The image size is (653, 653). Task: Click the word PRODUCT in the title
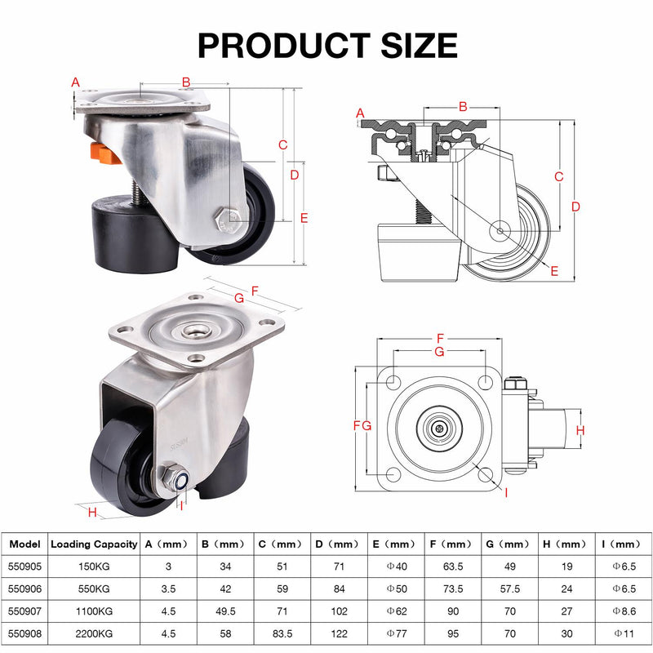click(283, 45)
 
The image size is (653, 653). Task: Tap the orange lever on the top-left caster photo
click(104, 153)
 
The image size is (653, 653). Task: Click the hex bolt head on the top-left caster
click(227, 219)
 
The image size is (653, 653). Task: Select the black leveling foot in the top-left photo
click(134, 234)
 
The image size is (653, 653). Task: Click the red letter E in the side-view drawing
click(554, 272)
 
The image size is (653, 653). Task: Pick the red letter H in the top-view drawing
click(580, 430)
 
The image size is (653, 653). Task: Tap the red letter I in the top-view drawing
click(506, 493)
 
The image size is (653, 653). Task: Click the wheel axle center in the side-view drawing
click(500, 230)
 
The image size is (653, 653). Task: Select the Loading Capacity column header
click(94, 544)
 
